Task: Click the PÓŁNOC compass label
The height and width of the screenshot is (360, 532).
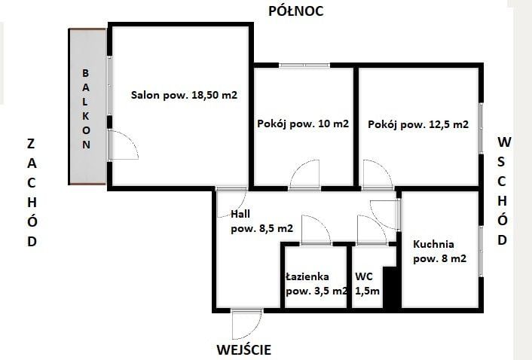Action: tap(296, 11)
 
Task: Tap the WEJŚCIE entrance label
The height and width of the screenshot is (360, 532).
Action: tap(244, 349)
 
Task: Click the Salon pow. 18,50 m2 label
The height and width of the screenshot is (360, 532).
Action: tap(184, 95)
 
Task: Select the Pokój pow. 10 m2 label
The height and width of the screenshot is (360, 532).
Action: tap(303, 124)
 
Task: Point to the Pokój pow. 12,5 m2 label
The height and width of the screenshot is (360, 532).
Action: tap(418, 124)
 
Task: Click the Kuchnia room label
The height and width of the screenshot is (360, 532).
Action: tap(433, 244)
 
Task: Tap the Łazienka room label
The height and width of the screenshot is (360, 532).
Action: tap(307, 276)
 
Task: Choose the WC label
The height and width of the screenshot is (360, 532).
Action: tap(364, 276)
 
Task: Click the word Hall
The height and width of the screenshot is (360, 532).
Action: tap(240, 214)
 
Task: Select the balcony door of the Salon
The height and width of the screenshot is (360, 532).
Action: tap(123, 145)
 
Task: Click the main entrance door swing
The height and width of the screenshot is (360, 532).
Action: tap(247, 325)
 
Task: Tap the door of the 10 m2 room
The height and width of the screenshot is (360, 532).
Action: tap(304, 175)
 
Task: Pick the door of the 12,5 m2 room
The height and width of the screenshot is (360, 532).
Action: tap(378, 175)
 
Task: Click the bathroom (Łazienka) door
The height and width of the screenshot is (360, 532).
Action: tap(316, 230)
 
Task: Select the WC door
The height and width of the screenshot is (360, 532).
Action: tap(371, 230)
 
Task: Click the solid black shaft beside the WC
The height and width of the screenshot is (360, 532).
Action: tap(392, 288)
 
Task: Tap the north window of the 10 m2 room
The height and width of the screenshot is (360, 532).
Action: tap(304, 65)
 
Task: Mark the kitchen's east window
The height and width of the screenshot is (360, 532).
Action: tap(481, 252)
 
